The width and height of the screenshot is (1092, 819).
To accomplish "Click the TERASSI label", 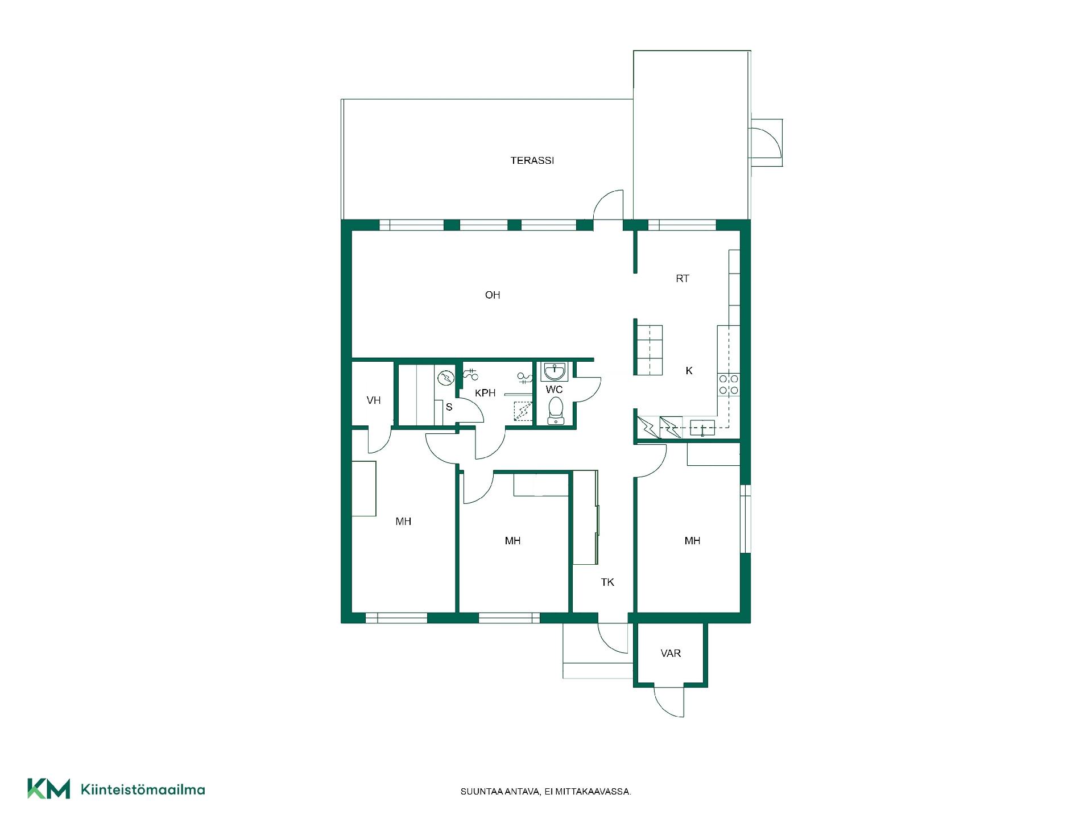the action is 532,160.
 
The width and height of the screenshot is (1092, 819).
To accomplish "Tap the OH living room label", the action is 493,295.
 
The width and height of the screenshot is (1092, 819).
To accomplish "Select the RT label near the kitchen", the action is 682,279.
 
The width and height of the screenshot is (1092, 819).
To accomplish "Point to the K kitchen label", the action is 689,371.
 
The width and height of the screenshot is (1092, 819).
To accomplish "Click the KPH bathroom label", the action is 485,393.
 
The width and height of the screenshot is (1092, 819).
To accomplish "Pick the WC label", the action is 554,390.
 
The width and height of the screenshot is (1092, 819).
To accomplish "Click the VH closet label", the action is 374,400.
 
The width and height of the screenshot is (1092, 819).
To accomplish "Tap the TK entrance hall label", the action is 607,582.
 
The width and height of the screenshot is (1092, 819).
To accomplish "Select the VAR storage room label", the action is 671,653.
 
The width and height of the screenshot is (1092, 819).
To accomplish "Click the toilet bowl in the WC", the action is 555,411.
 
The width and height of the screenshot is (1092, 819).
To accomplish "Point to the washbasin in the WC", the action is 554,371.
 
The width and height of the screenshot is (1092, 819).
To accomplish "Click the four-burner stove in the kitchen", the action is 728,384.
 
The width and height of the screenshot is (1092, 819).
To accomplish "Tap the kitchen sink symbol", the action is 702,427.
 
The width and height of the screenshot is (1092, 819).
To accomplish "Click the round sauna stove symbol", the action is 446,377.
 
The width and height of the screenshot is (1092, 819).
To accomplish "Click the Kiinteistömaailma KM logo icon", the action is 49,789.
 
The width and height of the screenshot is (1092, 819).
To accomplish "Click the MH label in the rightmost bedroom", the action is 692,541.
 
